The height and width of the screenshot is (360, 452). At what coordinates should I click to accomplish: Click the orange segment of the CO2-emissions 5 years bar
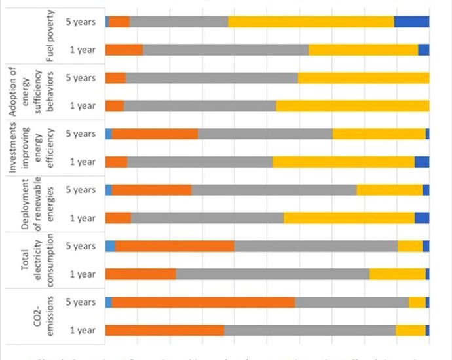pyautogui.click(x=203, y=302)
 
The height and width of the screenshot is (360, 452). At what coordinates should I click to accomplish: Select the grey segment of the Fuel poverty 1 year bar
pyautogui.click(x=225, y=50)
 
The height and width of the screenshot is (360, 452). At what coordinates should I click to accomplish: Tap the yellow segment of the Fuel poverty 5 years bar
pyautogui.click(x=311, y=22)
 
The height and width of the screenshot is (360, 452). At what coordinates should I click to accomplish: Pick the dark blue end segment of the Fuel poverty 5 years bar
pyautogui.click(x=411, y=22)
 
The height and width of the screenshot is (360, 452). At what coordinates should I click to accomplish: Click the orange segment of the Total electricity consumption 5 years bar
pyautogui.click(x=174, y=246)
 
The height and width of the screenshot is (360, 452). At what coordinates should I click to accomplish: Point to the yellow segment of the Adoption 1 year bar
pyautogui.click(x=352, y=106)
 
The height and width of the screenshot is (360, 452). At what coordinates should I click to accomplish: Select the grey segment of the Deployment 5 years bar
pyautogui.click(x=274, y=190)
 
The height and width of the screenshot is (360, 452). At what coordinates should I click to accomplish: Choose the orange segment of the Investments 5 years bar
pyautogui.click(x=155, y=134)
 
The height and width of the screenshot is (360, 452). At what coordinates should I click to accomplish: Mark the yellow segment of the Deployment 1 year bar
pyautogui.click(x=349, y=218)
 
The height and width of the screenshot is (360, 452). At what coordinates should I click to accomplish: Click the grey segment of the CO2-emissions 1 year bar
pyautogui.click(x=310, y=330)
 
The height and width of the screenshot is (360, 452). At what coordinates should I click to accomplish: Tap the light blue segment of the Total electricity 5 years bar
pyautogui.click(x=110, y=246)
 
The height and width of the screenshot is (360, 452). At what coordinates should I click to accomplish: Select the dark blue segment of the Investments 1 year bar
pyautogui.click(x=422, y=162)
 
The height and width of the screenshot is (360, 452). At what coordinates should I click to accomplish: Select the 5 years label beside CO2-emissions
pyautogui.click(x=82, y=302)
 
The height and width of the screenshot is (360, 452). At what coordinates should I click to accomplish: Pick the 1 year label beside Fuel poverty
pyautogui.click(x=83, y=50)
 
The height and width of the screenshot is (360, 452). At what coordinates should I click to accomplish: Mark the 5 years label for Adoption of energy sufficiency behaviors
pyautogui.click(x=82, y=78)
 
